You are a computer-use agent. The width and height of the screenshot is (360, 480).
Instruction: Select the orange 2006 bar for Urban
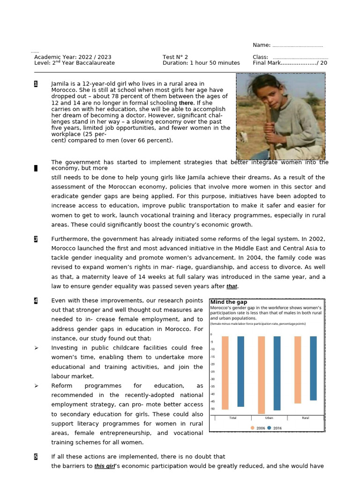pyautogui.click(x=261, y=375)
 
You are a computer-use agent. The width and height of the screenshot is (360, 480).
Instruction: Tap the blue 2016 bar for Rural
pyautogui.click(x=313, y=368)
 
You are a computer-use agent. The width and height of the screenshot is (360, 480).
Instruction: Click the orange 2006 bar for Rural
pyautogui.click(x=298, y=369)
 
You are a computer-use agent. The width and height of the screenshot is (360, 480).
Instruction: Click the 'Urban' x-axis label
pyautogui.click(x=269, y=418)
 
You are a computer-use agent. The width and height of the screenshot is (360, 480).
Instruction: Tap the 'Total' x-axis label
pyautogui.click(x=232, y=418)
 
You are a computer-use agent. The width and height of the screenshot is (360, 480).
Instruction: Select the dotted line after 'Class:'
pyautogui.click(x=300, y=57)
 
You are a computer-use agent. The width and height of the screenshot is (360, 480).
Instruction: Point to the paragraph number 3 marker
pyautogui.click(x=36, y=239)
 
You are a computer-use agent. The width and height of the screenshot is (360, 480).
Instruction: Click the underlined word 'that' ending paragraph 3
pyautogui.click(x=232, y=286)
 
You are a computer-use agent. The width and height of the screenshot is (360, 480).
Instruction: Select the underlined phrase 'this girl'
pyautogui.click(x=105, y=466)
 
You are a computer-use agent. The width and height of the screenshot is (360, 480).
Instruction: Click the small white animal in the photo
pyautogui.click(x=243, y=136)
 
